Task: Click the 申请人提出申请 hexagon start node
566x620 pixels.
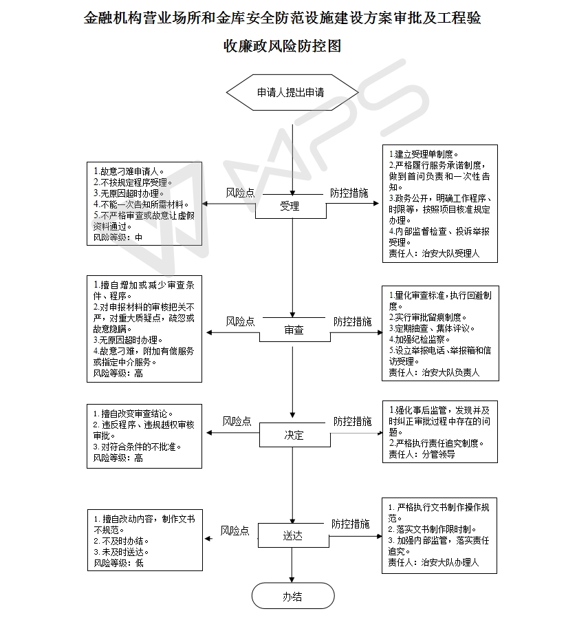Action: [x=292, y=92]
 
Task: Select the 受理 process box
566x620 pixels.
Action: [x=290, y=206]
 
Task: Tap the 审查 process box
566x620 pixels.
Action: [x=294, y=330]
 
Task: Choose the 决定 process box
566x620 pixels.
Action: [x=294, y=436]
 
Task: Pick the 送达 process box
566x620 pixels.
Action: [x=292, y=536]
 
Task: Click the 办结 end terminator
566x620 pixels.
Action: [x=292, y=597]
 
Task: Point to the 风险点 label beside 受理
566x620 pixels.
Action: [x=240, y=193]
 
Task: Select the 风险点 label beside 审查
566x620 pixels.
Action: [x=240, y=321]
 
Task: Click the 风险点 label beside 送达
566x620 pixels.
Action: [x=235, y=531]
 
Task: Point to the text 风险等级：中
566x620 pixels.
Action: [x=118, y=237]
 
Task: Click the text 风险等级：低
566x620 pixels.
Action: [x=119, y=562]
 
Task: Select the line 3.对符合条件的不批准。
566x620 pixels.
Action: [x=138, y=447]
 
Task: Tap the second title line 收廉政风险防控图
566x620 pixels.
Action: [x=283, y=47]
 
